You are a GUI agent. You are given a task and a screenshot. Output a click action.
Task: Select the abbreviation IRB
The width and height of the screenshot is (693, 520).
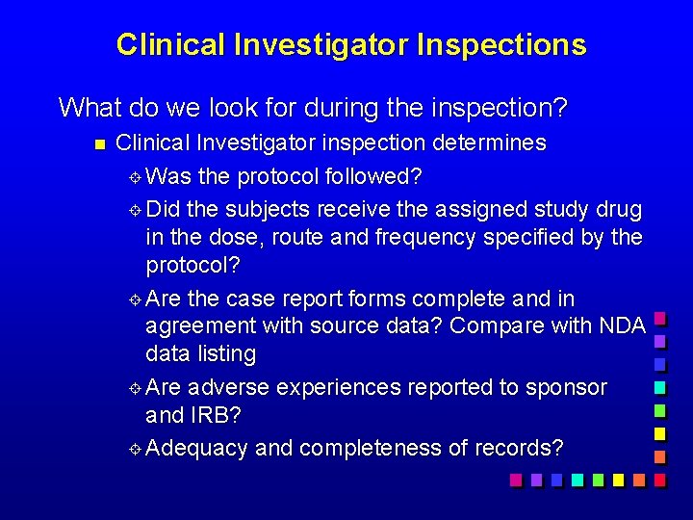click(224, 417)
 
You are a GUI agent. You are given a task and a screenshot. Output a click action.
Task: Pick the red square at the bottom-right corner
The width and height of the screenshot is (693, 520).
click(659, 479)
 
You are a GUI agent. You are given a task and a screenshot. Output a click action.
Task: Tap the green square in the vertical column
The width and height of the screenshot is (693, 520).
click(659, 410)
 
